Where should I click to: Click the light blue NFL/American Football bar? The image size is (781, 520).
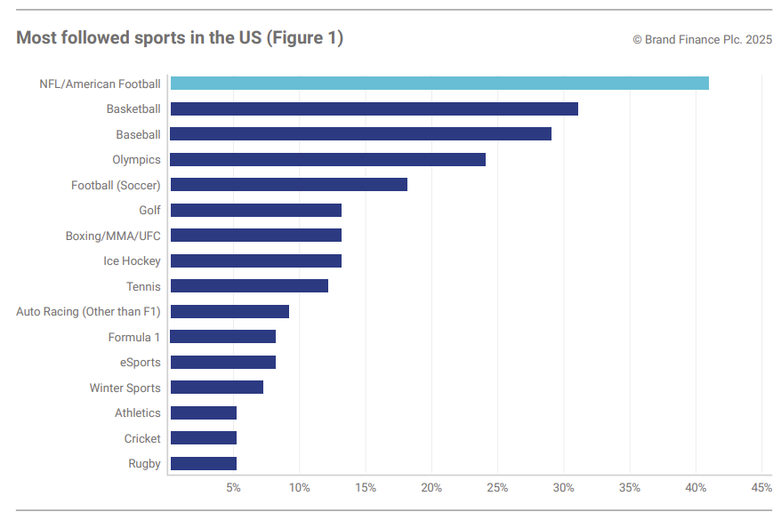click(439, 84)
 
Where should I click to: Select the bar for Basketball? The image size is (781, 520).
click(374, 109)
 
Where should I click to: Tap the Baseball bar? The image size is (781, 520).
click(360, 134)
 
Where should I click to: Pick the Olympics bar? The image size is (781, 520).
click(327, 160)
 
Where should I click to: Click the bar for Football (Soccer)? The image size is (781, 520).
click(288, 185)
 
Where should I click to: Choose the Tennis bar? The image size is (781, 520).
click(249, 286)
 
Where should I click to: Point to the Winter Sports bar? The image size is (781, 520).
click(216, 388)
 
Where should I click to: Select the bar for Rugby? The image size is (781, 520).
click(203, 463)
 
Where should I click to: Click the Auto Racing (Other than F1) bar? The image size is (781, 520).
click(229, 312)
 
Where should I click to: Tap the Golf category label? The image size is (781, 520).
click(149, 211)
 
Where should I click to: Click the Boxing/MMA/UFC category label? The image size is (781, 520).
click(113, 236)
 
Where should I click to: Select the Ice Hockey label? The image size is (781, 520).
click(132, 261)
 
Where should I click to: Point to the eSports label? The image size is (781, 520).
click(141, 363)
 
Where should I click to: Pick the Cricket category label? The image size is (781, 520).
click(142, 438)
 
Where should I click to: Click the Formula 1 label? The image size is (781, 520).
click(134, 337)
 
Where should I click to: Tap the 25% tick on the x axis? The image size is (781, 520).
click(497, 488)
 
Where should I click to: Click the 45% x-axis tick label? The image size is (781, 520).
click(761, 488)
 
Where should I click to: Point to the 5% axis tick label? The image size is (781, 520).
click(233, 488)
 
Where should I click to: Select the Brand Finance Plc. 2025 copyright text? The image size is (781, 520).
click(702, 40)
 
